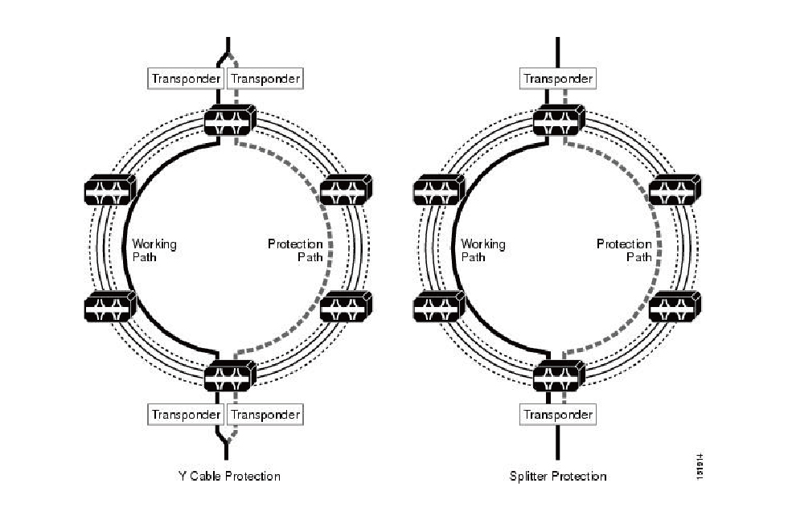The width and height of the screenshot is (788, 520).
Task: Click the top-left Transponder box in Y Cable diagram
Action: click(x=186, y=79)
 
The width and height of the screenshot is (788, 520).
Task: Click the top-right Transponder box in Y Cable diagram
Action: click(x=265, y=79)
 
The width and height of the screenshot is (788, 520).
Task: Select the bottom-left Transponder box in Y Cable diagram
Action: click(x=186, y=415)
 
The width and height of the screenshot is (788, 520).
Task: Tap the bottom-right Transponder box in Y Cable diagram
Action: click(x=265, y=415)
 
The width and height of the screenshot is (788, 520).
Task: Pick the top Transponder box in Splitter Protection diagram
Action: click(x=558, y=79)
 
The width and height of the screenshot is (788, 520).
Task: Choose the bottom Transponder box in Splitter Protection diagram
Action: click(x=558, y=415)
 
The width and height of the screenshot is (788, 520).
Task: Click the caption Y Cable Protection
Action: click(x=229, y=476)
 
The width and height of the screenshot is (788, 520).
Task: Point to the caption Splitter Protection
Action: click(x=558, y=476)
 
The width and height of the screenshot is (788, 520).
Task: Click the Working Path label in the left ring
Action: click(x=154, y=250)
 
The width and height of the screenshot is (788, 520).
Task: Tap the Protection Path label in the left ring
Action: click(x=296, y=250)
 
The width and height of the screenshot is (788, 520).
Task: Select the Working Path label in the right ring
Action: click(x=483, y=250)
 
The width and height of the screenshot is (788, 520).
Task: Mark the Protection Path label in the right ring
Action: click(x=625, y=250)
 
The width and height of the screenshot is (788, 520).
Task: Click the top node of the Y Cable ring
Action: click(x=229, y=121)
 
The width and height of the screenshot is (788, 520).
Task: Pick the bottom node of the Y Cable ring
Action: click(x=229, y=375)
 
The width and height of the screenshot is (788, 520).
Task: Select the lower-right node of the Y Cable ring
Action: click(x=347, y=306)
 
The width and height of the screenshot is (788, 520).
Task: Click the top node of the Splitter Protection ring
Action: click(x=558, y=121)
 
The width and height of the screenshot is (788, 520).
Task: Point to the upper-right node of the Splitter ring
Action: click(x=675, y=190)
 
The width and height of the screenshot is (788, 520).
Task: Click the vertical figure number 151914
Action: click(x=702, y=467)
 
